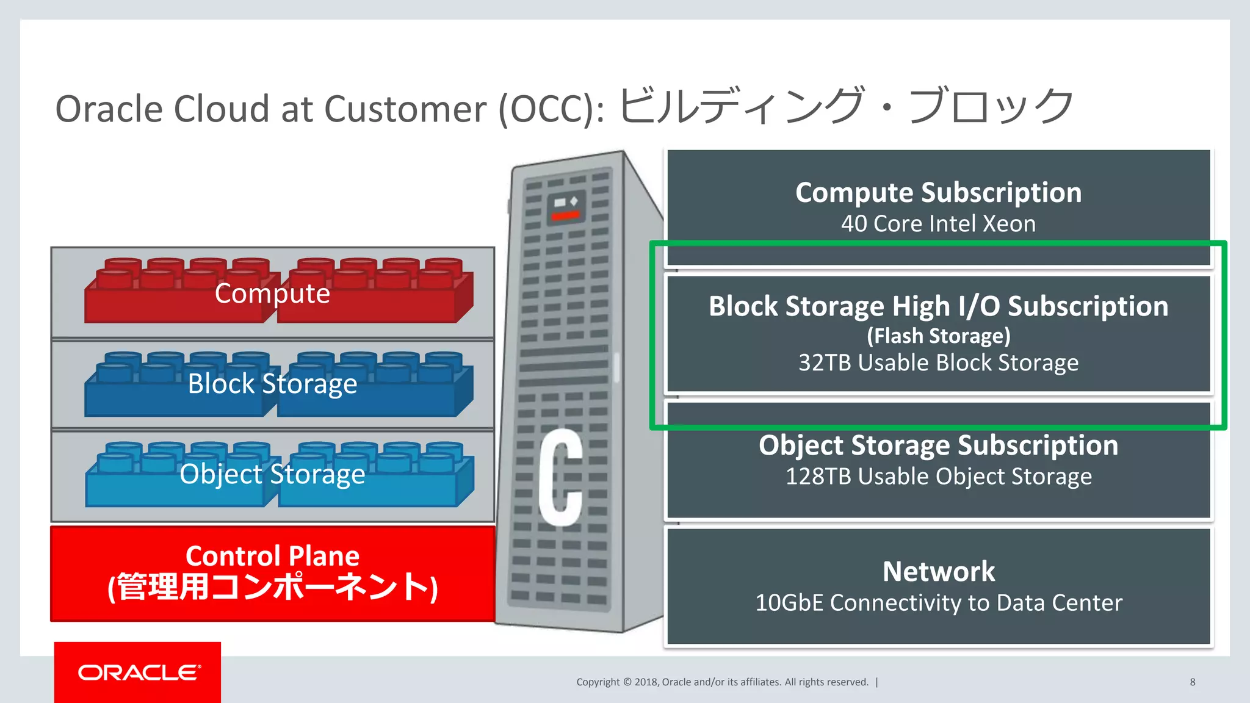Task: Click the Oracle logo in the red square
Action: click(139, 672)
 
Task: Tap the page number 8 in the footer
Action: click(1192, 682)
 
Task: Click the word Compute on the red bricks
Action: click(272, 294)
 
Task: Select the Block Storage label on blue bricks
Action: click(272, 384)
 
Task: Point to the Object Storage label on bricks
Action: click(272, 474)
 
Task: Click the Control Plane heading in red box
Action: click(272, 556)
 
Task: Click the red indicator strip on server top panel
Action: click(566, 215)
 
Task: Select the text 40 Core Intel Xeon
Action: click(938, 224)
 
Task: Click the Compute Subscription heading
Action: click(938, 193)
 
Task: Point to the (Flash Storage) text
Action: click(938, 336)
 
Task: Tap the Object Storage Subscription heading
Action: click(938, 445)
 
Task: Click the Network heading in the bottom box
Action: click(938, 572)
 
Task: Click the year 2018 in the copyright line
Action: click(646, 682)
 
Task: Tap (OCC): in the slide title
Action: click(551, 109)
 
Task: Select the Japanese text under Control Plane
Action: click(272, 587)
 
